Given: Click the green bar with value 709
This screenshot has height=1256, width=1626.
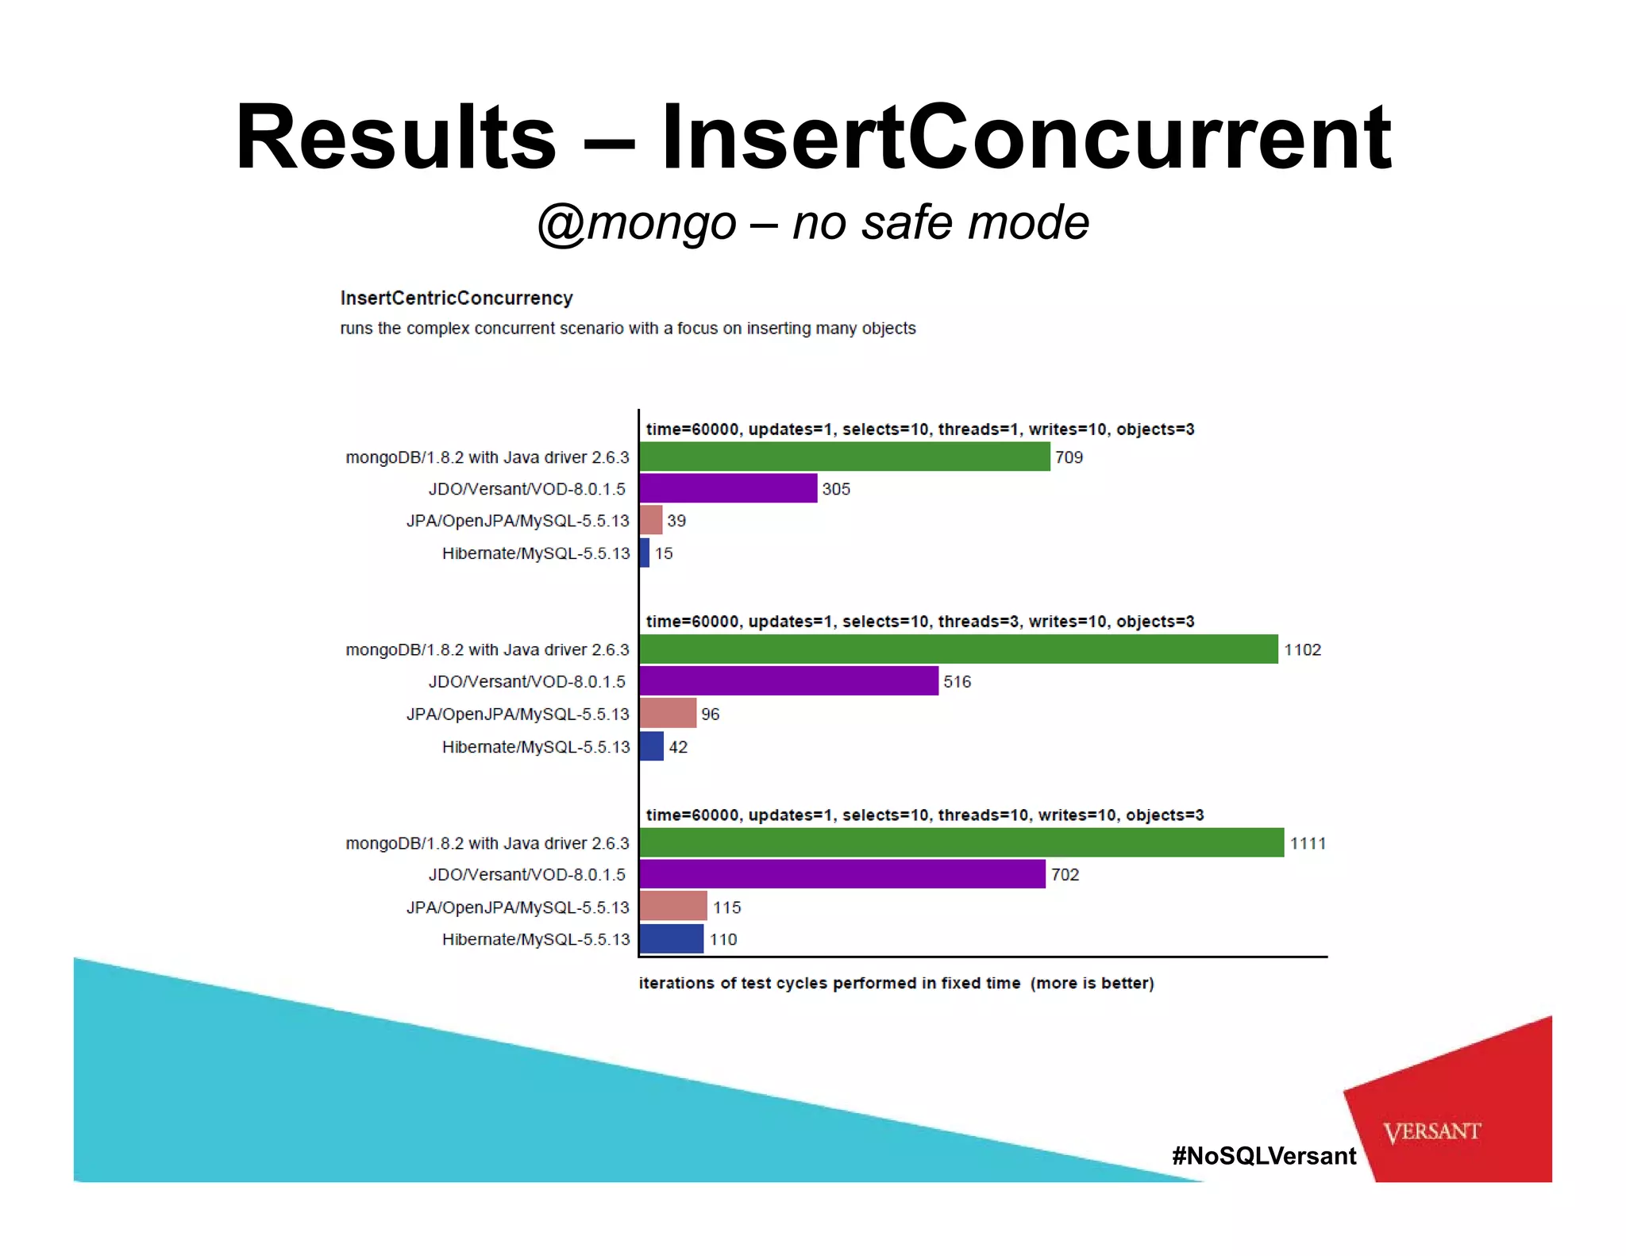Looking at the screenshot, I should pyautogui.click(x=844, y=457).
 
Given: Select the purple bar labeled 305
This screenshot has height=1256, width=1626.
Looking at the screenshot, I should pyautogui.click(x=728, y=488).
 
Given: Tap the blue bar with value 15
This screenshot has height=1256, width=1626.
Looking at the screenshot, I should pyautogui.click(x=645, y=553).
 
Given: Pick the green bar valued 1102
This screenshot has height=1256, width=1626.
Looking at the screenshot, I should pyautogui.click(x=958, y=649).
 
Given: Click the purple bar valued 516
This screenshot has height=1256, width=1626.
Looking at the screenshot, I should pyautogui.click(x=788, y=681).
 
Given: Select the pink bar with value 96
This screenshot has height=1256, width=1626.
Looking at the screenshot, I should pyautogui.click(x=668, y=714).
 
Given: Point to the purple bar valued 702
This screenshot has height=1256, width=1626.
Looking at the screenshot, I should pyautogui.click(x=842, y=874).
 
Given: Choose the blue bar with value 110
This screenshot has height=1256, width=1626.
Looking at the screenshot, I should pyautogui.click(x=671, y=939).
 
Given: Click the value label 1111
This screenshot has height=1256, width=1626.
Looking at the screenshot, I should pyautogui.click(x=1308, y=843).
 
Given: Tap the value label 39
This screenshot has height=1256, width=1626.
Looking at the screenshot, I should pyautogui.click(x=676, y=521).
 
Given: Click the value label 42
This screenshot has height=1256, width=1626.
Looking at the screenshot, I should pyautogui.click(x=678, y=747).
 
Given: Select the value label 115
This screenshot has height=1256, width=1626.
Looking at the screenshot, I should pyautogui.click(x=726, y=907).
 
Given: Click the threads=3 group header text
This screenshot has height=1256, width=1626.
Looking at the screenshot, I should pyautogui.click(x=919, y=622).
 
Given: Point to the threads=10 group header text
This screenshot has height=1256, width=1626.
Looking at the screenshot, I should pyautogui.click(x=924, y=815).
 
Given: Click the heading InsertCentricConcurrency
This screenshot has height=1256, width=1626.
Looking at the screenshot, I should pyautogui.click(x=457, y=298).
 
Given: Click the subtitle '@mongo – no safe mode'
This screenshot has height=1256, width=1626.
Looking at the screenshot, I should pyautogui.click(x=813, y=222).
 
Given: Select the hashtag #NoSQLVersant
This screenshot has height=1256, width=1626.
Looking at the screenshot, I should pyautogui.click(x=1264, y=1156).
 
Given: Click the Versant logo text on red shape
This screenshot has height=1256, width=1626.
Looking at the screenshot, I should pyautogui.click(x=1431, y=1131).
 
